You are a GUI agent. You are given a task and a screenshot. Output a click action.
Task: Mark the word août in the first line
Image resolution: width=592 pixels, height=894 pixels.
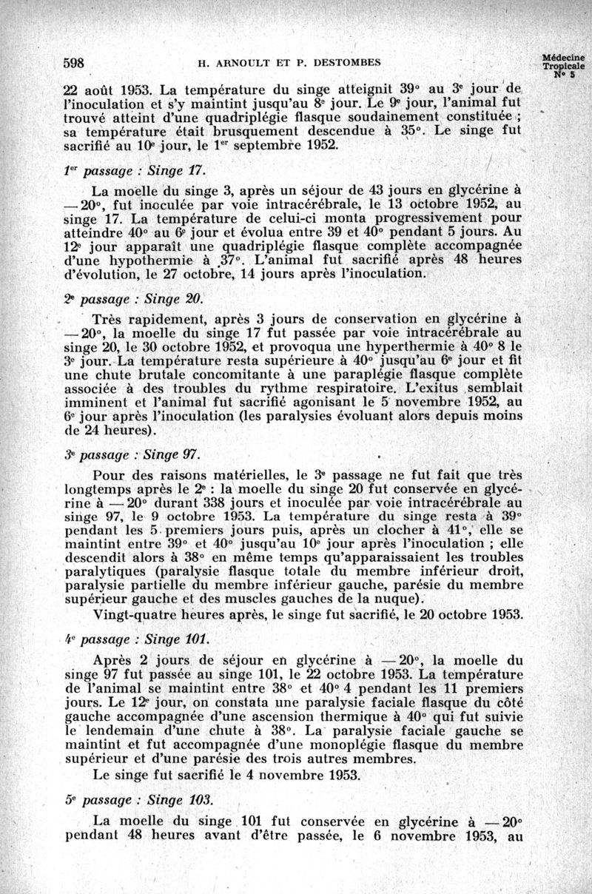pos(100,87)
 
